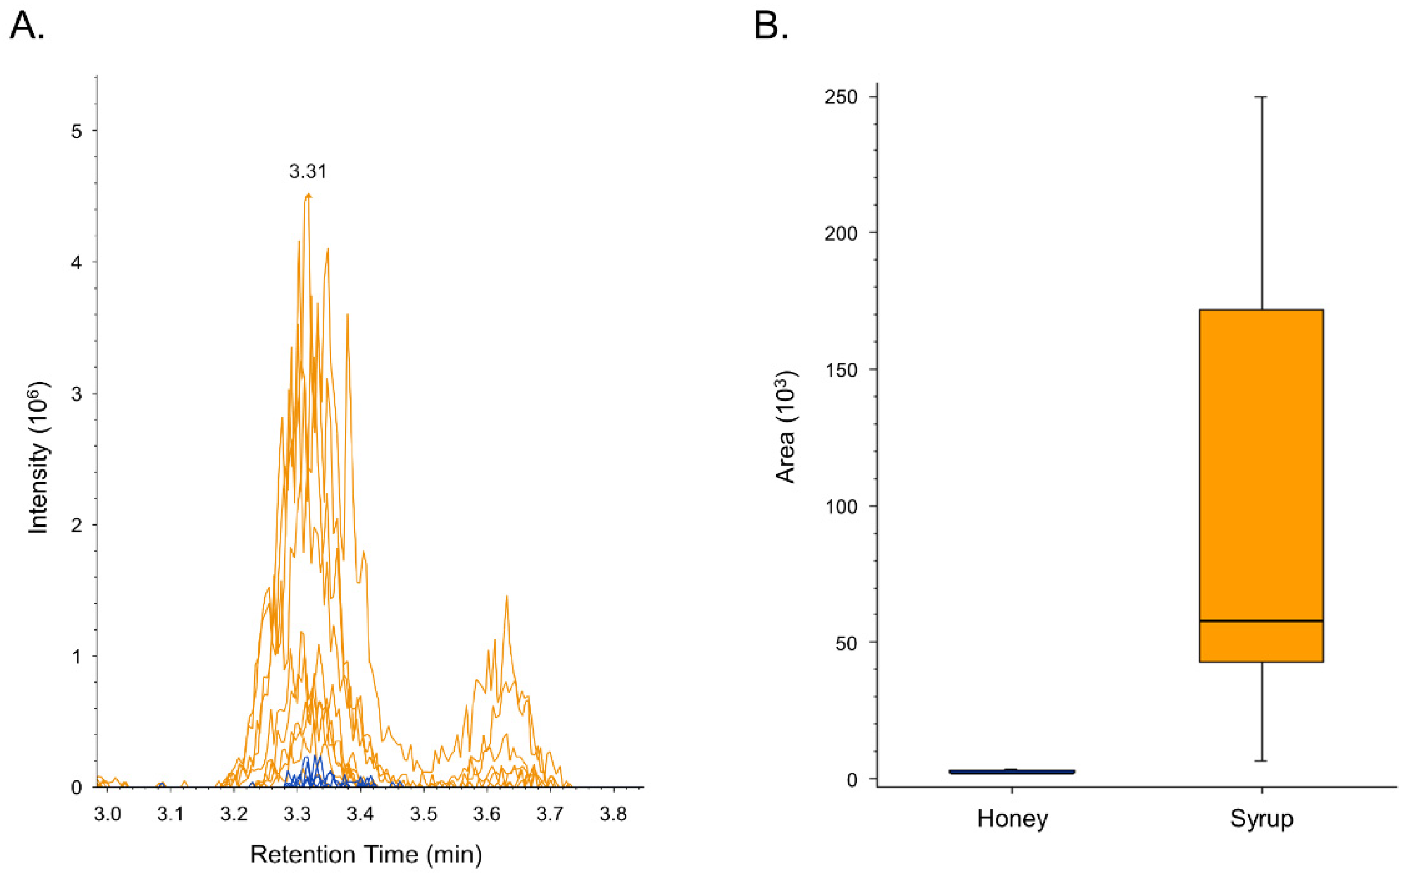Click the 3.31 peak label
tap(308, 171)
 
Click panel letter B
tap(770, 26)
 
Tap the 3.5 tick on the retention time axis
tap(423, 815)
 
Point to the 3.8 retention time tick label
tap(613, 815)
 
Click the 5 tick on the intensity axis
tap(76, 131)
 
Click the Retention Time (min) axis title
tap(366, 855)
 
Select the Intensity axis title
tap(38, 458)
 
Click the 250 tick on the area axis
tap(840, 97)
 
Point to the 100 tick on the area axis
tap(840, 506)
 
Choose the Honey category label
tap(1012, 819)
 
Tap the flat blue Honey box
tap(1012, 772)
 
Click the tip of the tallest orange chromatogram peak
tap(308, 196)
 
